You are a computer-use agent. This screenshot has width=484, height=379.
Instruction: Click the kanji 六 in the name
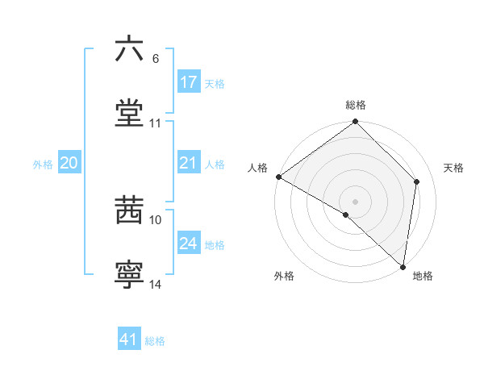tap(129, 50)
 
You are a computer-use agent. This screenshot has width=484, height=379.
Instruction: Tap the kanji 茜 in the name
tap(129, 211)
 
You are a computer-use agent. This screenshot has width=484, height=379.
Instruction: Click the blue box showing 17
tap(189, 82)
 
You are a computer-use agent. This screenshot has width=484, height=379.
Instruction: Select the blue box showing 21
tap(189, 164)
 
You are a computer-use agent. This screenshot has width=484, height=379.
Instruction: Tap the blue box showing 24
tap(189, 244)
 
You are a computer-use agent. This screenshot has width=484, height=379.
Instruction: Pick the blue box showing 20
tap(69, 164)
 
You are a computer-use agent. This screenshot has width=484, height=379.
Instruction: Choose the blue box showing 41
tap(129, 339)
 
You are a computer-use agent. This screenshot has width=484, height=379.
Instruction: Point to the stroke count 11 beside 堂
tap(156, 123)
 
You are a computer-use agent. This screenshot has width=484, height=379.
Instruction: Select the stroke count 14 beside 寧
tap(156, 285)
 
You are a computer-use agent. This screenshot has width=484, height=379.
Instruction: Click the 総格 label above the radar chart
tap(356, 105)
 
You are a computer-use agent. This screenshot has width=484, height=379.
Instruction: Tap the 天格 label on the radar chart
tap(454, 168)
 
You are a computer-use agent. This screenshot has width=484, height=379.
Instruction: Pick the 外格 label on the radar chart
tap(284, 276)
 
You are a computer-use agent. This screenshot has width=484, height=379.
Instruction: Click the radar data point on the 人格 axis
tap(278, 177)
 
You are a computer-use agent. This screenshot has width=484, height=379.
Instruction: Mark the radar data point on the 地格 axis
tap(403, 267)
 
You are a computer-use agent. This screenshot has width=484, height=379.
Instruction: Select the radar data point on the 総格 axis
tap(356, 123)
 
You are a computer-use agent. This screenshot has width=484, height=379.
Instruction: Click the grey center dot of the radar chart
tap(356, 201)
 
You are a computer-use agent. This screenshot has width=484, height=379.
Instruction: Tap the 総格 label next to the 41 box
tap(155, 341)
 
